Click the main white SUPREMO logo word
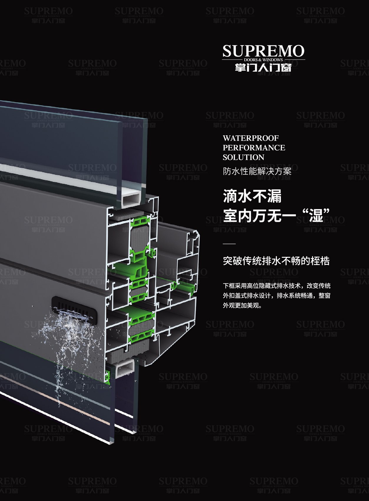pos(263,51)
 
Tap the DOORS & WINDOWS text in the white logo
pos(263,60)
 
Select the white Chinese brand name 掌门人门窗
pos(263,67)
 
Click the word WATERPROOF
pos(251,138)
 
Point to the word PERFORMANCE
pos(254,148)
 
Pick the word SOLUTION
pos(243,157)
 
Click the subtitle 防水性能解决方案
pos(257,172)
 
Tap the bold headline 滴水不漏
pos(252,196)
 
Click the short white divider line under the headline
pos(229,244)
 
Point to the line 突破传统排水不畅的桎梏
pos(276,261)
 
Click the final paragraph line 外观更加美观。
pos(242,305)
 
